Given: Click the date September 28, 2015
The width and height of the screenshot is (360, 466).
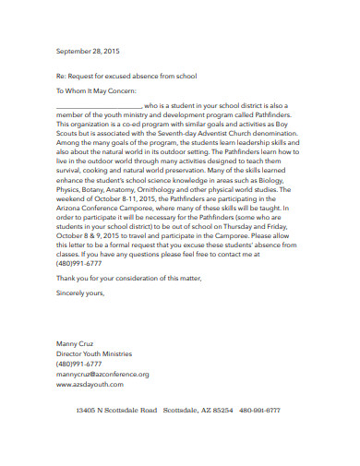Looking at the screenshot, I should [90, 52].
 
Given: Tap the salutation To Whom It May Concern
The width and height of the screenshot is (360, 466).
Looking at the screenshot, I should [97, 92].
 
